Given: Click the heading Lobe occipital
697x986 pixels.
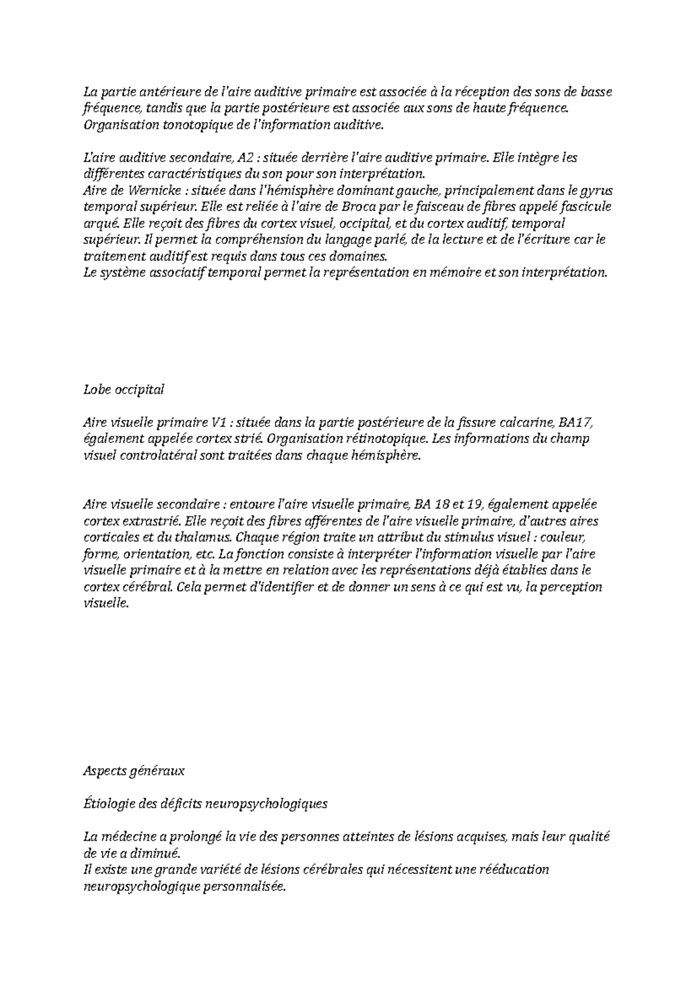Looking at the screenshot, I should coord(124,390).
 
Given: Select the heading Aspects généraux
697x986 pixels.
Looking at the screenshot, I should coord(134,771).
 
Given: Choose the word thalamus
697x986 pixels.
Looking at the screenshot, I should coord(195,538).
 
